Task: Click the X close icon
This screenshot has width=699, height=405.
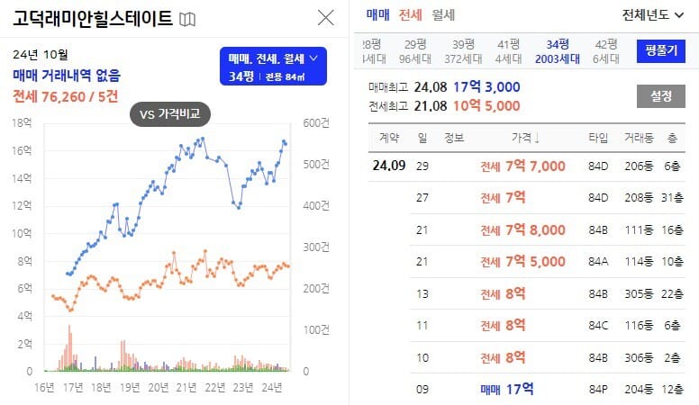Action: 326,17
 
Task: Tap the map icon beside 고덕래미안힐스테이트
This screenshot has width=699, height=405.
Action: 187,19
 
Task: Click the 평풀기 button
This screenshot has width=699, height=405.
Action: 660,50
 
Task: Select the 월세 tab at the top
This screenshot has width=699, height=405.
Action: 443,14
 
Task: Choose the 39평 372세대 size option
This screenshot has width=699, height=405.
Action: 463,51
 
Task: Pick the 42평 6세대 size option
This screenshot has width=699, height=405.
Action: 606,51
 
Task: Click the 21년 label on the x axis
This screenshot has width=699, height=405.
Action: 186,388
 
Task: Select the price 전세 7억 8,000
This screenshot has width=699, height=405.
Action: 522,229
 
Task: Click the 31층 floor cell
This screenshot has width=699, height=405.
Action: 671,198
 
